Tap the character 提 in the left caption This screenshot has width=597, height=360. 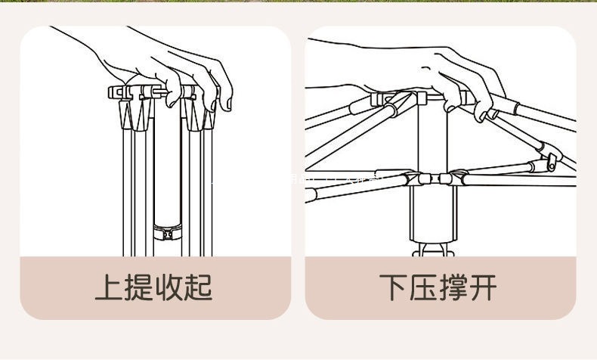click(140, 288)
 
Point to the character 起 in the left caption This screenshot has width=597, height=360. click(200, 288)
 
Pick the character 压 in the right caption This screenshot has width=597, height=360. click(425, 288)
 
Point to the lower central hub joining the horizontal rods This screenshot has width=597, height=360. click(430, 179)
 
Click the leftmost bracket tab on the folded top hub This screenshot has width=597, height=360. click(116, 93)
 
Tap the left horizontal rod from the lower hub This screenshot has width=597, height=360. click(355, 186)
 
